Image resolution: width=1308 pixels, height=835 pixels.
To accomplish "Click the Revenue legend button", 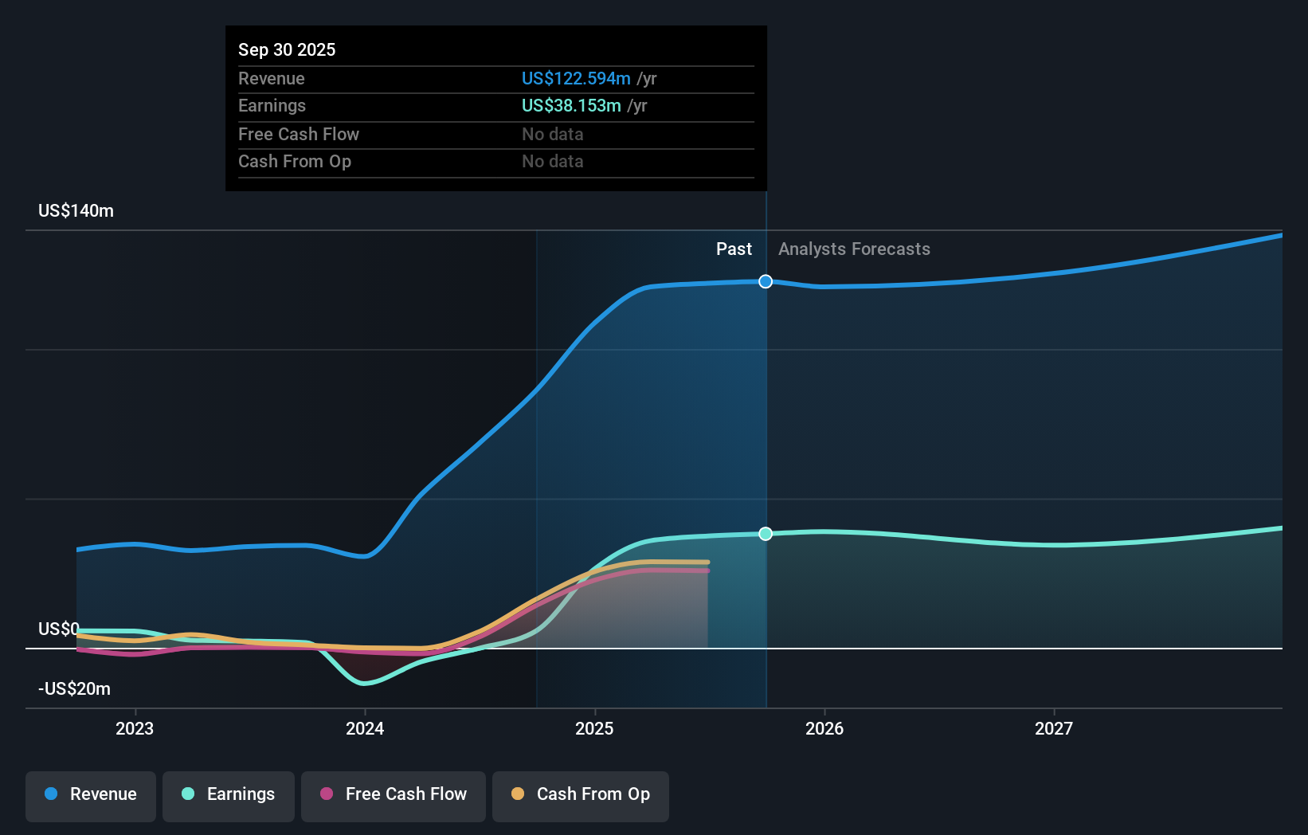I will (x=91, y=794).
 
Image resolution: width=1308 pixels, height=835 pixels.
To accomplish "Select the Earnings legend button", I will (x=229, y=794).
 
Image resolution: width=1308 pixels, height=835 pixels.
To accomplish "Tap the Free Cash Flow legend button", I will (x=394, y=794).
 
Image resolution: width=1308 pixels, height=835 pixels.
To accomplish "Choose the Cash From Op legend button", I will (x=581, y=794).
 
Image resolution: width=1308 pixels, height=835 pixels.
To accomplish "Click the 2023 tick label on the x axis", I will (x=135, y=728).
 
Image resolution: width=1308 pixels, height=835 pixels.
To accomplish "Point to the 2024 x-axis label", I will (x=365, y=728).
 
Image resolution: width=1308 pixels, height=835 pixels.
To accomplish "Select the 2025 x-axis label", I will (x=594, y=728).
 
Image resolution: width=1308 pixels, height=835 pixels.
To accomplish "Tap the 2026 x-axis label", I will (x=824, y=728).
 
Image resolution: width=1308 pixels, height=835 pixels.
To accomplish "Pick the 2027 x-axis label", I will (x=1054, y=728).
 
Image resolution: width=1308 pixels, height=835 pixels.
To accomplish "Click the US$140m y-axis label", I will (x=76, y=211).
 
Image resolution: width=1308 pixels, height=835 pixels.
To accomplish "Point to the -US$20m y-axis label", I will (x=75, y=689).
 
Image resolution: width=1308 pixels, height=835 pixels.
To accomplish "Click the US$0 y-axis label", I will (x=59, y=629).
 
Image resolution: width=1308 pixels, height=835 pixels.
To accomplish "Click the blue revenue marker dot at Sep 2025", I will (x=766, y=281).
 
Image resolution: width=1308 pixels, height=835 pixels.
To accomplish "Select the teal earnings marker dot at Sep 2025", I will (x=766, y=534).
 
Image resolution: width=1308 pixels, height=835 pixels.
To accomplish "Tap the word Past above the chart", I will (x=734, y=249).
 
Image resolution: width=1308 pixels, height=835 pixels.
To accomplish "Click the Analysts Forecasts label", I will (x=854, y=249).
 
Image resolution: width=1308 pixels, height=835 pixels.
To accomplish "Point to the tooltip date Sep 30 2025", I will (x=287, y=50).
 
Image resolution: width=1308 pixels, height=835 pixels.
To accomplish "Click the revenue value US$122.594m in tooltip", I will (x=576, y=79).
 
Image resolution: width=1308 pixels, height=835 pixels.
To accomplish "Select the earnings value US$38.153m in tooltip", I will (x=571, y=106).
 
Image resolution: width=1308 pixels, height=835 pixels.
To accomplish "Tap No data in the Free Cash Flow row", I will (x=553, y=135).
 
